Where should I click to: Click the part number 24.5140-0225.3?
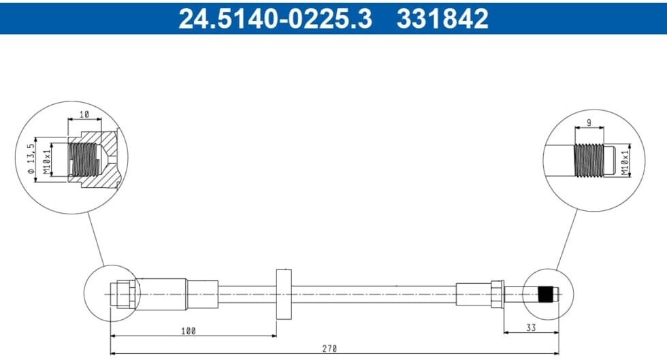tap(275, 19)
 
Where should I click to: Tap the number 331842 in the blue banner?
tap(442, 19)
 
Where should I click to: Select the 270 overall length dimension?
tap(329, 348)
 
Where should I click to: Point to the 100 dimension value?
tap(189, 331)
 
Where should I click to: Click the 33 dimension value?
tap(531, 327)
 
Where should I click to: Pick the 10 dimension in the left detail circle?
tap(84, 114)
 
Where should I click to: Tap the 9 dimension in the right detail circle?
tap(589, 122)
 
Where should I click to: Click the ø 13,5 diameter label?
tap(30, 159)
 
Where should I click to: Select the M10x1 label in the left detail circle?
tap(47, 159)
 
